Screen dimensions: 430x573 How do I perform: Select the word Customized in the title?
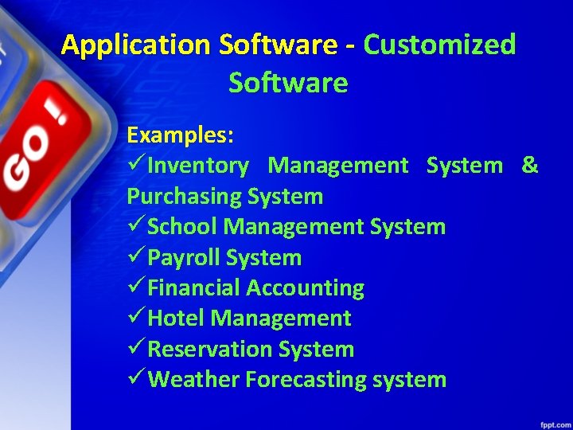(440, 45)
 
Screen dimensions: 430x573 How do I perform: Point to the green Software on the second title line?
(288, 82)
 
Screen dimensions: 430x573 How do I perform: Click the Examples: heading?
(180, 135)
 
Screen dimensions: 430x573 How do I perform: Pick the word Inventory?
(198, 166)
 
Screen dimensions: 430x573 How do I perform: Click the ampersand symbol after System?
(530, 166)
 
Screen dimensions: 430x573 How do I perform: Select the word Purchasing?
(184, 196)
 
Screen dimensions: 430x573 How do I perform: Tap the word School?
(183, 227)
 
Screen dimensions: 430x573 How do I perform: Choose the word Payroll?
(184, 258)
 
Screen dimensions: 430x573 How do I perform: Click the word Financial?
(194, 288)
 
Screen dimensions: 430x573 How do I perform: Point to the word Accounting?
(306, 288)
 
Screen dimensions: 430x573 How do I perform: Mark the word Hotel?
(177, 319)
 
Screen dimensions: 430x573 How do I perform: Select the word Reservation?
(210, 350)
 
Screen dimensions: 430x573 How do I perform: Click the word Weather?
(193, 380)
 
